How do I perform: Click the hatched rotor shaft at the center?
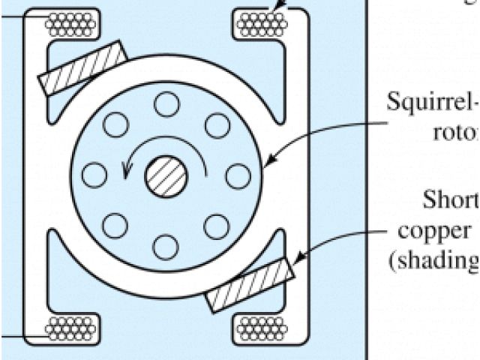point(166,177)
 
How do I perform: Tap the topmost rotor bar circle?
point(166,104)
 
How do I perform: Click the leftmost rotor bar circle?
point(94,175)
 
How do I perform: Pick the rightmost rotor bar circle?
point(238,176)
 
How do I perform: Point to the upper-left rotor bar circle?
point(115,124)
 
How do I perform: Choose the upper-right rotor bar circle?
point(217,125)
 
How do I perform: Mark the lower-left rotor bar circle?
point(115,225)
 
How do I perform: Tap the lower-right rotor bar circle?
point(216,226)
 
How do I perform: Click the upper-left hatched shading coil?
point(83,67)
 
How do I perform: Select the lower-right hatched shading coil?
point(248,285)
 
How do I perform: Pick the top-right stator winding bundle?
point(262,25)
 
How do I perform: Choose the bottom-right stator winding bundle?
point(262,327)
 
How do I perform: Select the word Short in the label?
point(450,200)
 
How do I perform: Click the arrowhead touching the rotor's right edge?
point(268,162)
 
